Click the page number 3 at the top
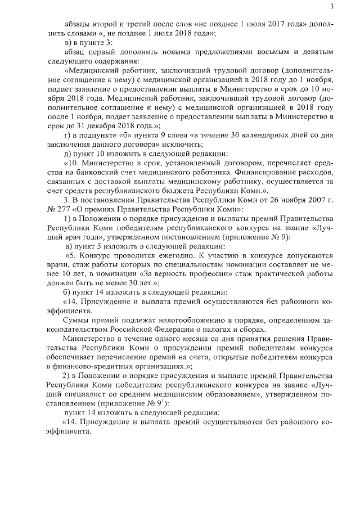[x=332, y=7]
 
